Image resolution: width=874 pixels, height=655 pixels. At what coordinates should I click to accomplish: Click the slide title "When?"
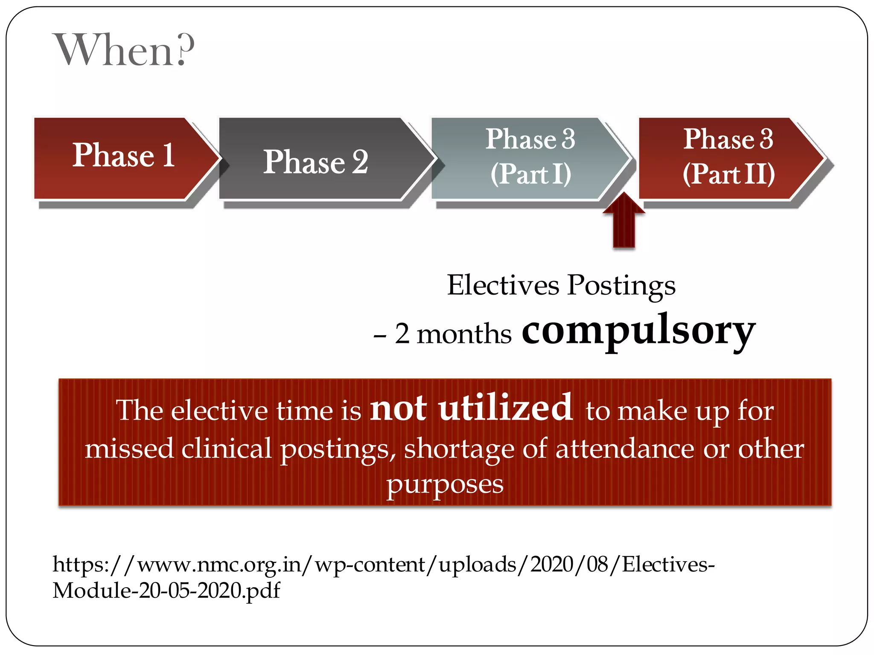point(124,50)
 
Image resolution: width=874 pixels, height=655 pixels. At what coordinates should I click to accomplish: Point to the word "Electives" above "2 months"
point(503,285)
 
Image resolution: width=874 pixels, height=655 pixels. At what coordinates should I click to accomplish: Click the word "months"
point(464,334)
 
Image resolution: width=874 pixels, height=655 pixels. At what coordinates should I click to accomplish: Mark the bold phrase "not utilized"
point(471,408)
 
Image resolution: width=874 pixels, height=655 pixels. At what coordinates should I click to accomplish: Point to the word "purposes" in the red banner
point(445,485)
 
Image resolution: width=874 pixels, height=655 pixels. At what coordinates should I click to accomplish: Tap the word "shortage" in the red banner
point(460,449)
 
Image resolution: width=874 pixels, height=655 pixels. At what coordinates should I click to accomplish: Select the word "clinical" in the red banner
point(226,449)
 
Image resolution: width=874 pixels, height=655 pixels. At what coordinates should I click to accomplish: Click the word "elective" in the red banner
point(220,411)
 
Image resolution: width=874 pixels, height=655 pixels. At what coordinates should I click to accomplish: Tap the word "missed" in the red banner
point(129,449)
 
